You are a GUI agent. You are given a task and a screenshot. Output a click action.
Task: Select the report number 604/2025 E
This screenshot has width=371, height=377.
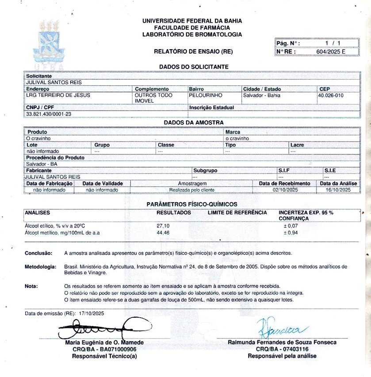(x=331, y=51)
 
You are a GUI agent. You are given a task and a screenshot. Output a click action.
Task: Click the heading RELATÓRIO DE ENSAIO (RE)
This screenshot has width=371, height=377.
(x=193, y=51)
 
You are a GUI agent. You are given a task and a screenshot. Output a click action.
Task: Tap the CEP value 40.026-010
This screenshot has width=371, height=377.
(x=331, y=95)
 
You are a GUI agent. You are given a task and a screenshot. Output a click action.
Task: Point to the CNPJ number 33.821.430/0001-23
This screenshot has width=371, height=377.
(x=49, y=114)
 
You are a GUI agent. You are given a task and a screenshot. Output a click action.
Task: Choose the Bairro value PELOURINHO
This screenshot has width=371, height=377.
(x=206, y=95)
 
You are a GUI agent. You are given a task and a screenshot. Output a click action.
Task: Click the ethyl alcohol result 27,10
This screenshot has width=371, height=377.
(x=164, y=226)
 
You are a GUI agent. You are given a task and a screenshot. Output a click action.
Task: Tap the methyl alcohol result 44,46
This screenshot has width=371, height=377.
(x=164, y=232)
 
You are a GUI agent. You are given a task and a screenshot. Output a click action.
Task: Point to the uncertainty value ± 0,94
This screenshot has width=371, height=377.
(x=290, y=232)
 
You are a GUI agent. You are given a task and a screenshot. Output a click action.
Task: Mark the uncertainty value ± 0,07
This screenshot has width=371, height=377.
(x=290, y=226)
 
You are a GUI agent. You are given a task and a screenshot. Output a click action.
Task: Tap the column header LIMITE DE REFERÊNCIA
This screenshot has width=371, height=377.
(x=237, y=212)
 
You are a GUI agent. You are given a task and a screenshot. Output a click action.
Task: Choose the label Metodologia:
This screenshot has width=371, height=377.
(x=41, y=267)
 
